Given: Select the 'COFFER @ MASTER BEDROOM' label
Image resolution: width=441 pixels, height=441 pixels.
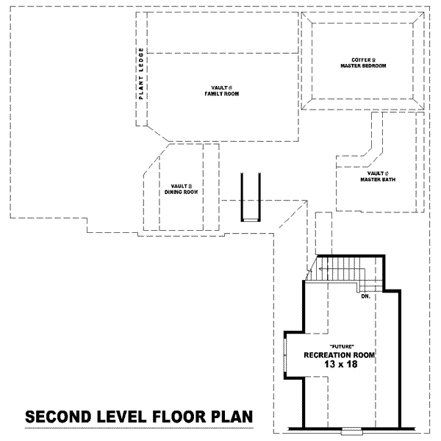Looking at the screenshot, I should [363, 62].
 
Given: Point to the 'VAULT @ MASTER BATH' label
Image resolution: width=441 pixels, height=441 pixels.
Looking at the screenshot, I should [374, 176].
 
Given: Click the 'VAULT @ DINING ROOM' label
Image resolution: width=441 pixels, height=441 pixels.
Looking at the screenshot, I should [181, 189].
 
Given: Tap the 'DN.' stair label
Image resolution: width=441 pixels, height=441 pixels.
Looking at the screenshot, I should [365, 297].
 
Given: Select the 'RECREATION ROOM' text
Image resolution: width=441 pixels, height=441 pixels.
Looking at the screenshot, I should [340, 355].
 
